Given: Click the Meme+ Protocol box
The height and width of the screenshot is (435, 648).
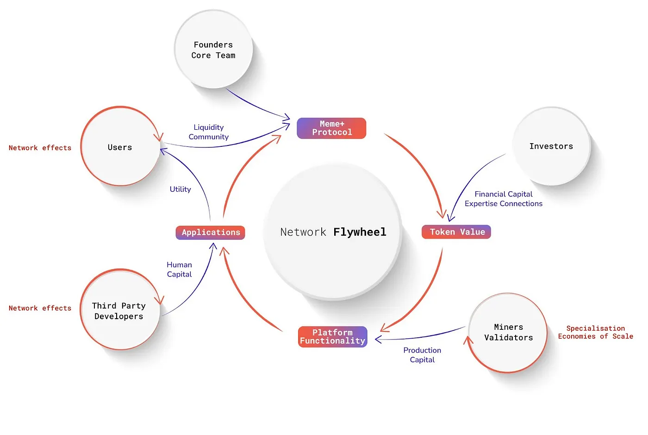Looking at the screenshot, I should [x=331, y=128].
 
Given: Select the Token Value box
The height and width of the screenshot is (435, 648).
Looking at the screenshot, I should [x=456, y=232].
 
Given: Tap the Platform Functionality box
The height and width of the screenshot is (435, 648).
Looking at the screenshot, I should [x=332, y=337].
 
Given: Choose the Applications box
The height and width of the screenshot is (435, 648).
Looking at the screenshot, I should [x=210, y=233].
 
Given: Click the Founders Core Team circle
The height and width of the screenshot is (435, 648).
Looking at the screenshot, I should [x=213, y=50].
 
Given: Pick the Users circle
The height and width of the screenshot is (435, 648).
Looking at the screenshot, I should [x=120, y=147].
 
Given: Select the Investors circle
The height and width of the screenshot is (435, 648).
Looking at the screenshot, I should [x=551, y=146].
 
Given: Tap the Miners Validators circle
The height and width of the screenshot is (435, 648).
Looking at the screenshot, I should [x=508, y=333].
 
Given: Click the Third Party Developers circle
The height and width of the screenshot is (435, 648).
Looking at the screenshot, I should [x=119, y=310].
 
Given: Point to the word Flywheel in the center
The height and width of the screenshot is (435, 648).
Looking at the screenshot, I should [x=360, y=232].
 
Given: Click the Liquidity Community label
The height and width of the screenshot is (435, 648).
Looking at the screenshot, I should [x=208, y=132].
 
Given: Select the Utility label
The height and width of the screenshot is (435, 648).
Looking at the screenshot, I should [x=180, y=189].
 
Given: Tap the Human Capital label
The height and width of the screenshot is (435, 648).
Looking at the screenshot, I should [x=179, y=270].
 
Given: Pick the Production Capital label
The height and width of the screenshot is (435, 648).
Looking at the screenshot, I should [x=422, y=355].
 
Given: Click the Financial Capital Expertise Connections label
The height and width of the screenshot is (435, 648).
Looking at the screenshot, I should [x=503, y=199].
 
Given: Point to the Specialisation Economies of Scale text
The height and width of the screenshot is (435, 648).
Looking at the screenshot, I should [x=595, y=332].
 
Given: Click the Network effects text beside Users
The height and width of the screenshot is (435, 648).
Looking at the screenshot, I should [x=40, y=148].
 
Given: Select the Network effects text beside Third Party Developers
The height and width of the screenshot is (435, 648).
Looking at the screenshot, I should [x=40, y=308].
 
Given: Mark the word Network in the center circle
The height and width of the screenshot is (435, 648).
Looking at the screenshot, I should [x=303, y=232].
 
